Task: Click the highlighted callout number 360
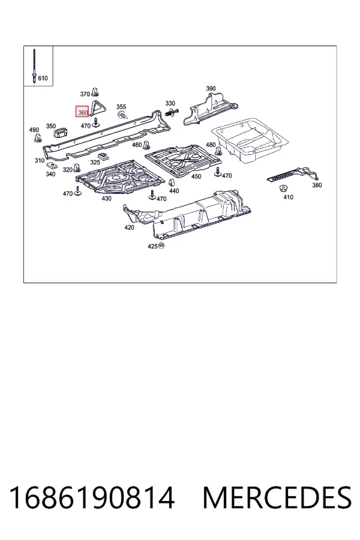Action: (83, 112)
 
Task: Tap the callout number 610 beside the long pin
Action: (43, 78)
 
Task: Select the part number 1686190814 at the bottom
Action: (92, 497)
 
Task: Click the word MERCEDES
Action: (277, 497)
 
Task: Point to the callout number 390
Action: (211, 89)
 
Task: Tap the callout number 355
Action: (121, 107)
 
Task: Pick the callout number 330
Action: (170, 103)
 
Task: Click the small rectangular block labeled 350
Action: (61, 132)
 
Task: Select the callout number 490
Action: (34, 130)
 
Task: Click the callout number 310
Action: (40, 160)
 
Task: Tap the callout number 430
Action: (106, 199)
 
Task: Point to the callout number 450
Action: (196, 176)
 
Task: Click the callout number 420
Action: (129, 227)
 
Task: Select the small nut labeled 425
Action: (161, 245)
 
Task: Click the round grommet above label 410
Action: (284, 189)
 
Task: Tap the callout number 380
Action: (317, 185)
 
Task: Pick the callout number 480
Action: (211, 145)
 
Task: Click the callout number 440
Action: (174, 191)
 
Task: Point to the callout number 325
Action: (95, 163)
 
